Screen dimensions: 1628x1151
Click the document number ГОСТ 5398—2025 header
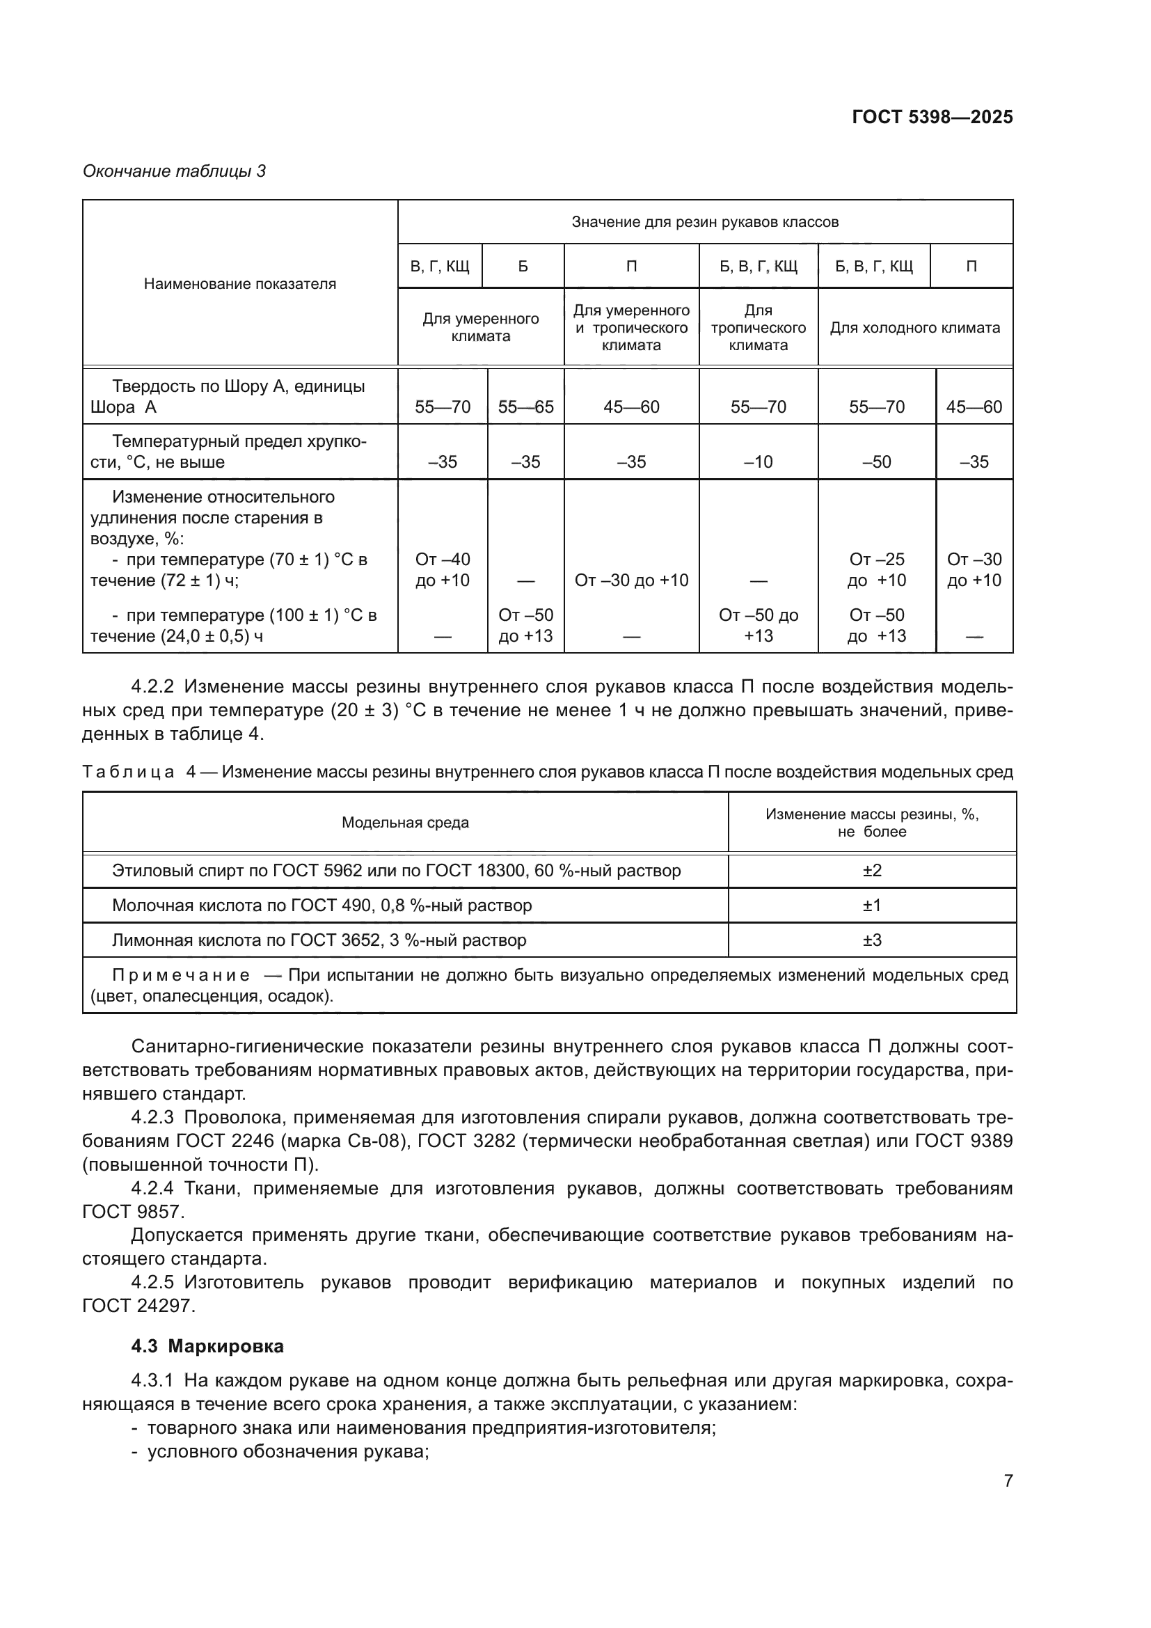coord(932,117)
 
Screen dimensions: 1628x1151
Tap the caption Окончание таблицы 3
coord(175,171)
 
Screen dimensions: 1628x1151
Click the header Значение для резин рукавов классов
coord(704,222)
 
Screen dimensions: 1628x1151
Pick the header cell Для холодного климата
coord(914,328)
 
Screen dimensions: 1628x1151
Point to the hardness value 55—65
coord(525,407)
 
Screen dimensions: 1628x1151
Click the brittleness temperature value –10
coord(758,462)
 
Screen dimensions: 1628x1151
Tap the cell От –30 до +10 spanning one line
coord(630,580)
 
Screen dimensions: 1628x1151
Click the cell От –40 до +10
coord(443,570)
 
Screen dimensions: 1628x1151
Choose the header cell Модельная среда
coord(405,823)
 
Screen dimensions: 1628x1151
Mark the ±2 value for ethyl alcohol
coord(872,871)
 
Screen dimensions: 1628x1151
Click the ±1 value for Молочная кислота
coord(872,906)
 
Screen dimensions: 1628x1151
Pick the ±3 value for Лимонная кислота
coord(872,940)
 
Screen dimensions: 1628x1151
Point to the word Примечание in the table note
coord(181,976)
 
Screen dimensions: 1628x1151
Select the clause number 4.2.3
coord(152,1119)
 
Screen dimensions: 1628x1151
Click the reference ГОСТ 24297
coord(138,1305)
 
